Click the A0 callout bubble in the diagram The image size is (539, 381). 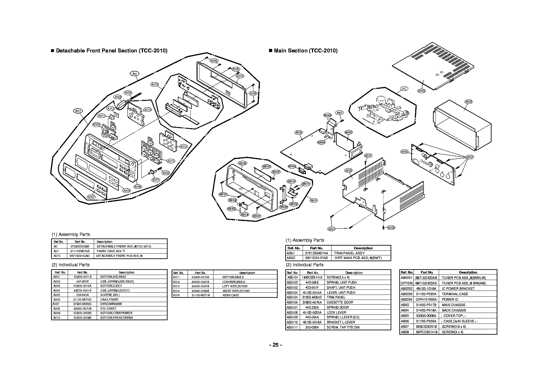coord(134,74)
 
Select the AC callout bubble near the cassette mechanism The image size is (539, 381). coord(404,89)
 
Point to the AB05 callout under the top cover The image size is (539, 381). coord(421,91)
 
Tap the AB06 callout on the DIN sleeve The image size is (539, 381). coord(468,102)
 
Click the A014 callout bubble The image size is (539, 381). coord(183,147)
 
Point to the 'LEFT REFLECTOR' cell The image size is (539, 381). coord(235,286)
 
